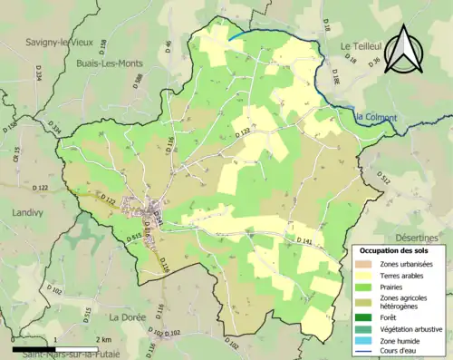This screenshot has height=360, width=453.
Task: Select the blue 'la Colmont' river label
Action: tap(374, 116)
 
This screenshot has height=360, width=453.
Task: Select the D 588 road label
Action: tap(139, 83)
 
